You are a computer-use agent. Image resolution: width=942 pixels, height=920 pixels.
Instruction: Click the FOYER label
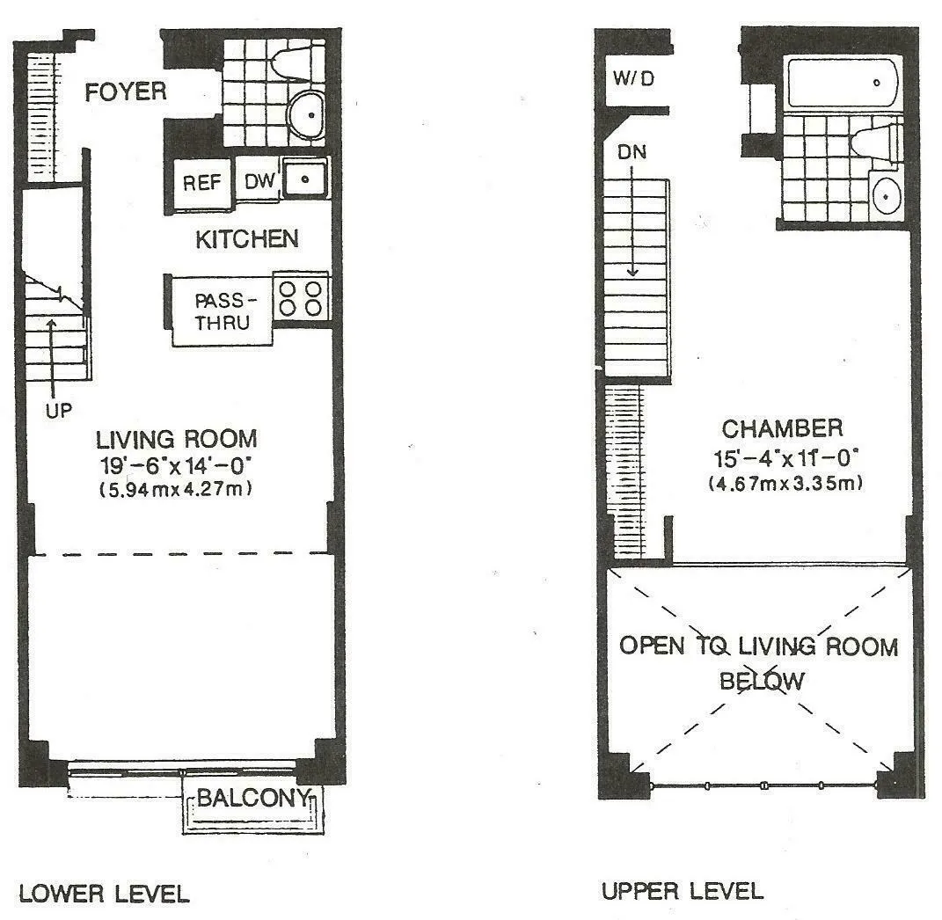click(x=126, y=91)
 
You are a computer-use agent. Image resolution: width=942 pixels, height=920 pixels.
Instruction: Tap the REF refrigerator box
click(x=201, y=183)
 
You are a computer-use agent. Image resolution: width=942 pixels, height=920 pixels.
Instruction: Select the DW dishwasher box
click(x=259, y=182)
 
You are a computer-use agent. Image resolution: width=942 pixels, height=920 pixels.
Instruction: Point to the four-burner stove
click(x=301, y=297)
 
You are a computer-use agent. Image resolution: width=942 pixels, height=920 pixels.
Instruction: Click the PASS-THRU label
click(x=222, y=310)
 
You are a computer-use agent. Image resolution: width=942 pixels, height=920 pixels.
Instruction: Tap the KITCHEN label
click(x=246, y=238)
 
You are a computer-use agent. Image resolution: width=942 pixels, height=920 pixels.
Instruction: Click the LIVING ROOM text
click(x=177, y=438)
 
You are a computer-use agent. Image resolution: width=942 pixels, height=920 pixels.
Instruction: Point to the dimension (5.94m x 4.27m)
click(x=177, y=489)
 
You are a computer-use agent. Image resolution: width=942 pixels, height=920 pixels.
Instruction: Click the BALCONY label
click(x=253, y=799)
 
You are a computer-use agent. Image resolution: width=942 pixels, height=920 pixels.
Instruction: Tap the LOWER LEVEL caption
click(x=104, y=894)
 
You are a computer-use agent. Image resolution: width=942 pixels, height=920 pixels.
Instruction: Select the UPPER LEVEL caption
click(x=683, y=891)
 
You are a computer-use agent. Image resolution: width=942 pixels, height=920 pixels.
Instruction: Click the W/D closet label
click(x=632, y=79)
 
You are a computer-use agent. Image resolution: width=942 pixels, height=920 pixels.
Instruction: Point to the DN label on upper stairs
click(x=632, y=151)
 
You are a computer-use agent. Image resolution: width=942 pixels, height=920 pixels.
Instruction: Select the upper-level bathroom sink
click(x=885, y=195)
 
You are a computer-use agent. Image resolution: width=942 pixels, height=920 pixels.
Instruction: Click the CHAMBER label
click(x=782, y=428)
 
